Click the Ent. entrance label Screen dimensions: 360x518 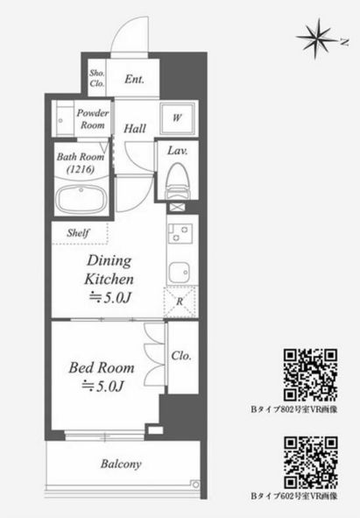tap(134, 79)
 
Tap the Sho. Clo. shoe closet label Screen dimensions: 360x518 tap(96, 78)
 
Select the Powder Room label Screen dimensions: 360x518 tap(93, 119)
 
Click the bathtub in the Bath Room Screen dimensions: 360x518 tap(81, 200)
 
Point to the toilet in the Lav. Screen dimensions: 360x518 tap(178, 181)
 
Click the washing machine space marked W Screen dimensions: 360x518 tap(177, 118)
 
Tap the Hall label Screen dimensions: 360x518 tap(135, 129)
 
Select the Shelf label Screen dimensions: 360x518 tap(78, 233)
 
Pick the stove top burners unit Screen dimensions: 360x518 tap(180, 233)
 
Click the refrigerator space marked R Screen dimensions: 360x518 tap(180, 302)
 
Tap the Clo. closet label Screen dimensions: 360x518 tap(181, 356)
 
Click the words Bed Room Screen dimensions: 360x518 tap(102, 368)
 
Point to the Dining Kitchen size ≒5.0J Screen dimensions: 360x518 tap(110, 298)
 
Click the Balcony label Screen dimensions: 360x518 tap(121, 464)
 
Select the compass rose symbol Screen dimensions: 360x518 tap(318, 39)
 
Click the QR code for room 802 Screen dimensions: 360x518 tap(310, 375)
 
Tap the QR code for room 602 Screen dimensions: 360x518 tap(310, 462)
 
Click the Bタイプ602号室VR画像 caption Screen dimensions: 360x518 tap(294, 496)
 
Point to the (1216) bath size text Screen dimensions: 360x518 tap(81, 170)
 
